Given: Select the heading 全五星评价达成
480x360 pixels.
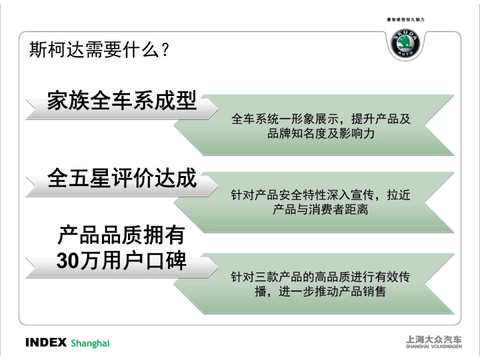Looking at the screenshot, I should [122, 178].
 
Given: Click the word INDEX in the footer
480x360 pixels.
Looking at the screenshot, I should [46, 343].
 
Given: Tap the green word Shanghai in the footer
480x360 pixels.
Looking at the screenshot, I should [90, 343].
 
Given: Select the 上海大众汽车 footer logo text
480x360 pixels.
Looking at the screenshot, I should [434, 340].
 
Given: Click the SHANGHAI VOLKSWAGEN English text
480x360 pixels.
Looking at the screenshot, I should [434, 347].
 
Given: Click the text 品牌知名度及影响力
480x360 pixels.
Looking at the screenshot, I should [321, 133].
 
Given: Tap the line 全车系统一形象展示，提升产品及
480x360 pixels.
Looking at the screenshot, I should [321, 119].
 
